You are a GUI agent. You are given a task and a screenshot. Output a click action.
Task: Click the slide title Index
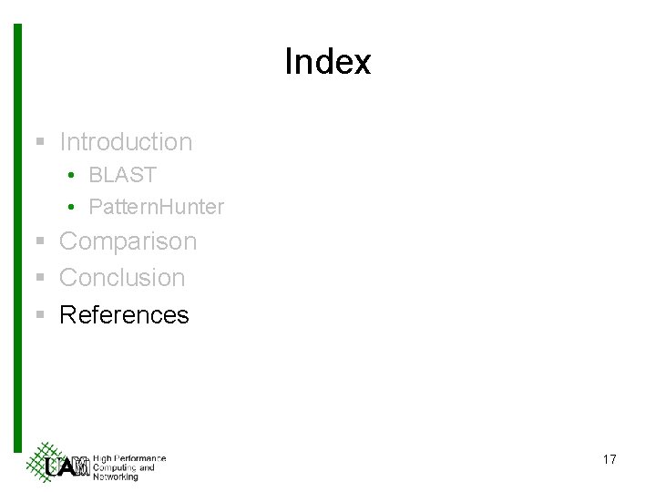pyautogui.click(x=328, y=63)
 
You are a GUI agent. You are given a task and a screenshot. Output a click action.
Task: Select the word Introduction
pyautogui.click(x=126, y=142)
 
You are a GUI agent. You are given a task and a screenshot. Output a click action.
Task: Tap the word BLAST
pyautogui.click(x=122, y=175)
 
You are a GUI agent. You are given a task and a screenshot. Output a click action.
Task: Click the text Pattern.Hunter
pyautogui.click(x=156, y=207)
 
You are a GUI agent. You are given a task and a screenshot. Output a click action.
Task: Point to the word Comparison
pyautogui.click(x=128, y=241)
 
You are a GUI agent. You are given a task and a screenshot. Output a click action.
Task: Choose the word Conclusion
pyautogui.click(x=122, y=278)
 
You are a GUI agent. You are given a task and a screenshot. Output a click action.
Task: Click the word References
pyautogui.click(x=124, y=315)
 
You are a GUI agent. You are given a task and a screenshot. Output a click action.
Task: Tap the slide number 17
pyautogui.click(x=610, y=459)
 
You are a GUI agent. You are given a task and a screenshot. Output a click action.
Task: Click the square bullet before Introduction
pyautogui.click(x=40, y=142)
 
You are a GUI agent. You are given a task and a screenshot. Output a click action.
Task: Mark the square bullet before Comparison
pyautogui.click(x=40, y=241)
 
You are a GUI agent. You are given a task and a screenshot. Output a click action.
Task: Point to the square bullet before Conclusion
pyautogui.click(x=40, y=278)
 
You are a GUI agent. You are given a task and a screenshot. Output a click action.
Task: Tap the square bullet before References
pyautogui.click(x=40, y=315)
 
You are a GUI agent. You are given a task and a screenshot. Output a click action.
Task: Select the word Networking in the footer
pyautogui.click(x=115, y=477)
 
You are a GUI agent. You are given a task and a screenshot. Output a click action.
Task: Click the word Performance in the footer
pyautogui.click(x=141, y=458)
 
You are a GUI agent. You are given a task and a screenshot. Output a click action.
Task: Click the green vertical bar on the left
pyautogui.click(x=16, y=237)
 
